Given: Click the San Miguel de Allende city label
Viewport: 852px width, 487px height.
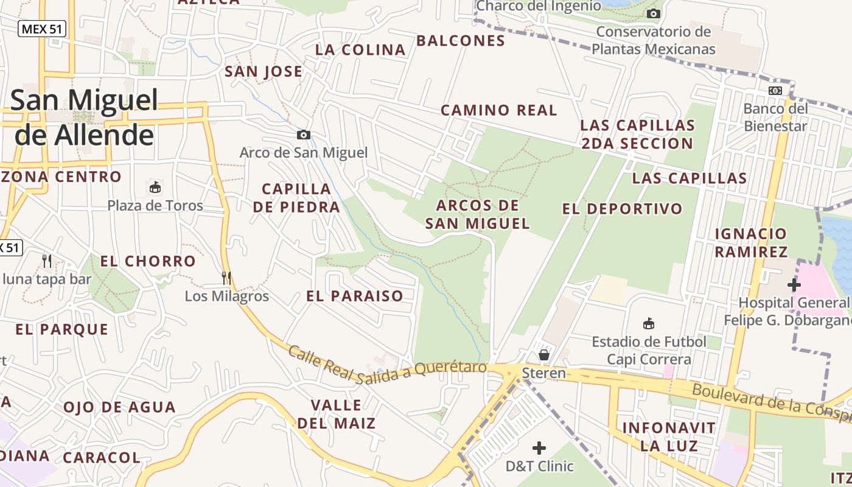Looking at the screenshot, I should coord(84,117).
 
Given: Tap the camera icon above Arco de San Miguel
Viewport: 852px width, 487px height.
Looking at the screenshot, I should coord(303,135).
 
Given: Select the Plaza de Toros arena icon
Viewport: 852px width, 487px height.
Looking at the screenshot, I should coord(155,187).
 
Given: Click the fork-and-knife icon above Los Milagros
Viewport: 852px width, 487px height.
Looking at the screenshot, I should coord(226,278).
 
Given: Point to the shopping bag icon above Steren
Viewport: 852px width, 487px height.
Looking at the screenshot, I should coord(544,354).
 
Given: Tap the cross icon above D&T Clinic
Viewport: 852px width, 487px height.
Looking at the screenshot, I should coord(539,449).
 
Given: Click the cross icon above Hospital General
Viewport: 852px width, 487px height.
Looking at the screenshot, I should coord(794,284).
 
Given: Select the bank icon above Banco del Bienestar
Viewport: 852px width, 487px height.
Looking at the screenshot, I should coord(775,90).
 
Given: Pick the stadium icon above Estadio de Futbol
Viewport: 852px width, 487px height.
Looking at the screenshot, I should coord(649,323).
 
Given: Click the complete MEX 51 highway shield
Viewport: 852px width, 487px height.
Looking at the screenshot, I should coord(42,29).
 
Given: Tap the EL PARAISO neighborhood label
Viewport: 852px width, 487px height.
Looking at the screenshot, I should coord(355,296).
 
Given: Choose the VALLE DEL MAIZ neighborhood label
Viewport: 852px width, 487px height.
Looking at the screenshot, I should coord(336,414).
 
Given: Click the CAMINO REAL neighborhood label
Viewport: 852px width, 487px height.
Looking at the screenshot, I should coord(498,110).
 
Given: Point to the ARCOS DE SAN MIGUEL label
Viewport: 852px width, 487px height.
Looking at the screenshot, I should coord(478,214).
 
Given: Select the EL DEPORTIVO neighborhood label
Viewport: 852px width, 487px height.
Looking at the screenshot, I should coord(623,209).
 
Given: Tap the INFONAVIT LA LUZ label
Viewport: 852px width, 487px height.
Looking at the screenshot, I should coord(669,436).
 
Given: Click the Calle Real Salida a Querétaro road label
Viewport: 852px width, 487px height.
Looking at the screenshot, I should coord(387,365).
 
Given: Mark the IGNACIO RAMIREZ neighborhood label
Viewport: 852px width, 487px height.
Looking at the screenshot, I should coord(751,242).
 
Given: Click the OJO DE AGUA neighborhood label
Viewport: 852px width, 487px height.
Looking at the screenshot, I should coord(119,407).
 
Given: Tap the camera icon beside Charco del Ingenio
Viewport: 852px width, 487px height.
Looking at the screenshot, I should coord(654,13).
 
